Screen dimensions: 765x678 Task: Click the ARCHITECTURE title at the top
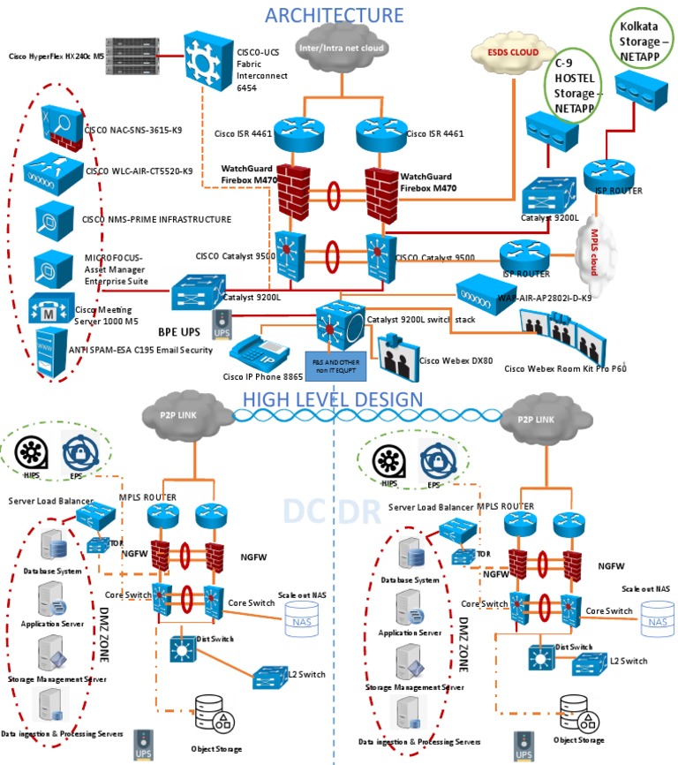pyautogui.click(x=334, y=14)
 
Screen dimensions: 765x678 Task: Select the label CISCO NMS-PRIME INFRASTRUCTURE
pyautogui.click(x=156, y=219)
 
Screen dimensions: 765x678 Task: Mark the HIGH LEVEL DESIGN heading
pyautogui.click(x=334, y=399)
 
